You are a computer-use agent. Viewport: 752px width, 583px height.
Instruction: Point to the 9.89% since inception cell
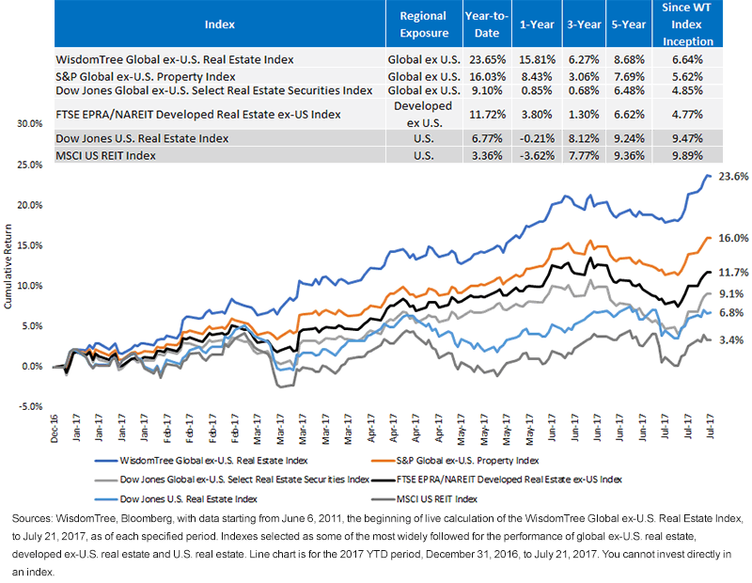[691, 154]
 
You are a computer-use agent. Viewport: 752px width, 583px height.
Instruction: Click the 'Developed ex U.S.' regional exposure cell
[422, 115]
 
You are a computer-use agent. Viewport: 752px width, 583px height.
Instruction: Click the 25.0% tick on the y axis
[29, 164]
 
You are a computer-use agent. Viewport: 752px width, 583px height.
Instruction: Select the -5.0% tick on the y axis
[29, 407]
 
